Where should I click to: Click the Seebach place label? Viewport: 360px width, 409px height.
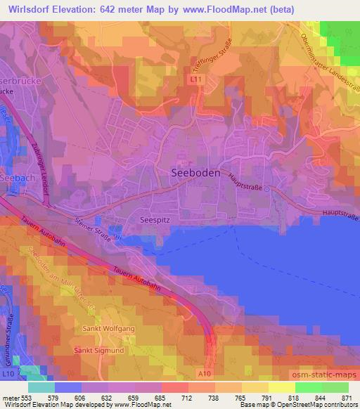15,177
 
